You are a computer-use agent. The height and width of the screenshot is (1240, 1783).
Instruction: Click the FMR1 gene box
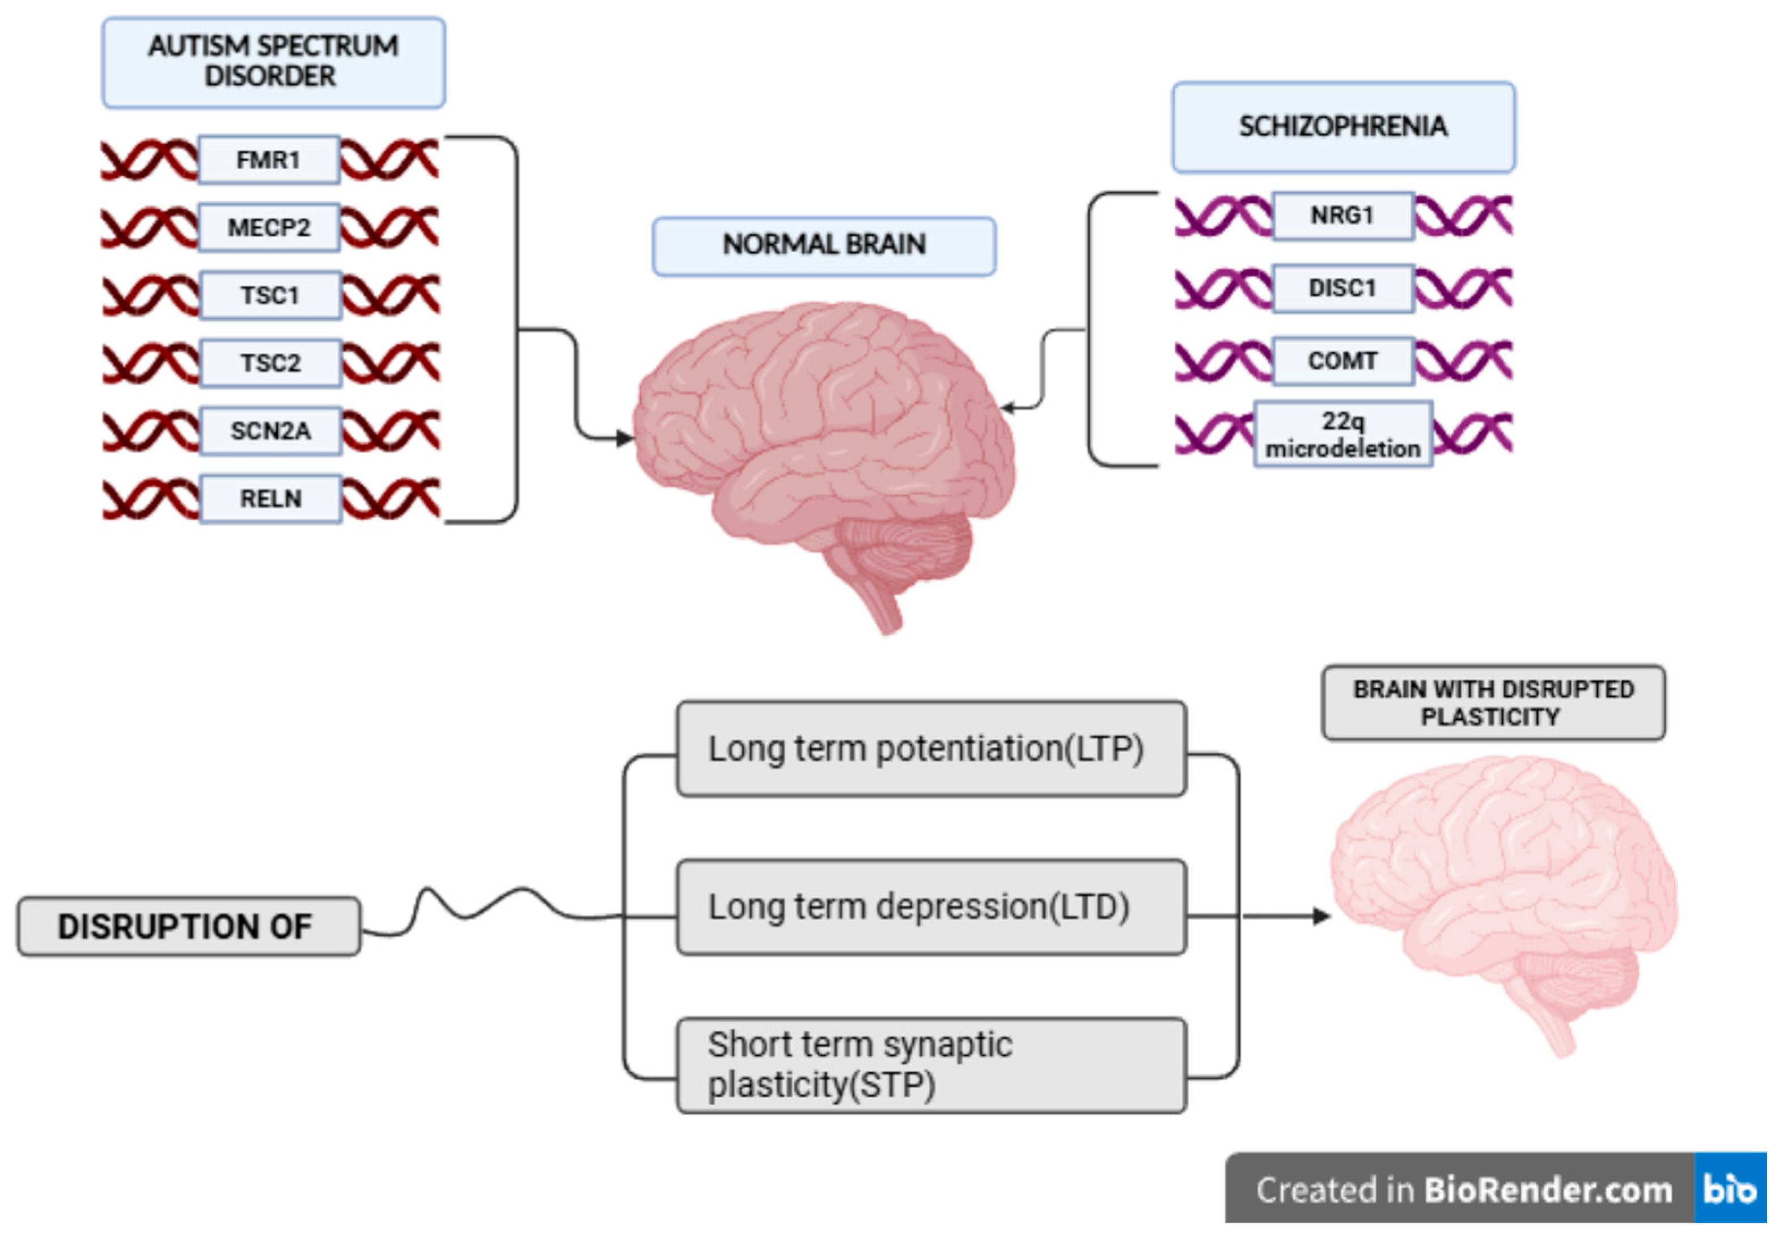269,160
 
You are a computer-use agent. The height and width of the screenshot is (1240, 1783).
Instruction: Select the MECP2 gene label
269,227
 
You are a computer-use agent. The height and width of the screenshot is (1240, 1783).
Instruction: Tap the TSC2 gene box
270,363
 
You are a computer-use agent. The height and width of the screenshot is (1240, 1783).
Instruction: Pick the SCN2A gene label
270,431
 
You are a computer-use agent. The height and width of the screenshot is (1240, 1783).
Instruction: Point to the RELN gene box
270,498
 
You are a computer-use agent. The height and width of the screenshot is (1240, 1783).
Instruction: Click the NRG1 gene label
1342,215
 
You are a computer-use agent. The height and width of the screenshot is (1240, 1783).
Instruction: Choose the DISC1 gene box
1342,288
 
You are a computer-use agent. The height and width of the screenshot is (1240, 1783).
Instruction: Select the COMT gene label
1342,361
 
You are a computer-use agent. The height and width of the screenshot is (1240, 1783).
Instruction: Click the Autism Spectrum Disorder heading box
273,62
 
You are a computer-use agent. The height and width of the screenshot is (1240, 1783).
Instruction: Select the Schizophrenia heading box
1342,126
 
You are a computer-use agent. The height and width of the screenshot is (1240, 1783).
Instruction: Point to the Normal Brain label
824,246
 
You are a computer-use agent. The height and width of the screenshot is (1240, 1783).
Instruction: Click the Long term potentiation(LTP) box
930,749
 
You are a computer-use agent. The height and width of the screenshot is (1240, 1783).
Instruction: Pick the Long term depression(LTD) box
930,906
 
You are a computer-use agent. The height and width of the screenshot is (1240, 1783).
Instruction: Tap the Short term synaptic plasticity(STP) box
930,1065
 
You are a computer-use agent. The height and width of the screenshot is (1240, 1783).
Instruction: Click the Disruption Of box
188,926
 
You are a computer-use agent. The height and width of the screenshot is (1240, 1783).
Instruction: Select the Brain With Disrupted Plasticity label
1493,702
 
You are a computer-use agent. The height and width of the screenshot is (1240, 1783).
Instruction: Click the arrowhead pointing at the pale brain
1321,916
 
